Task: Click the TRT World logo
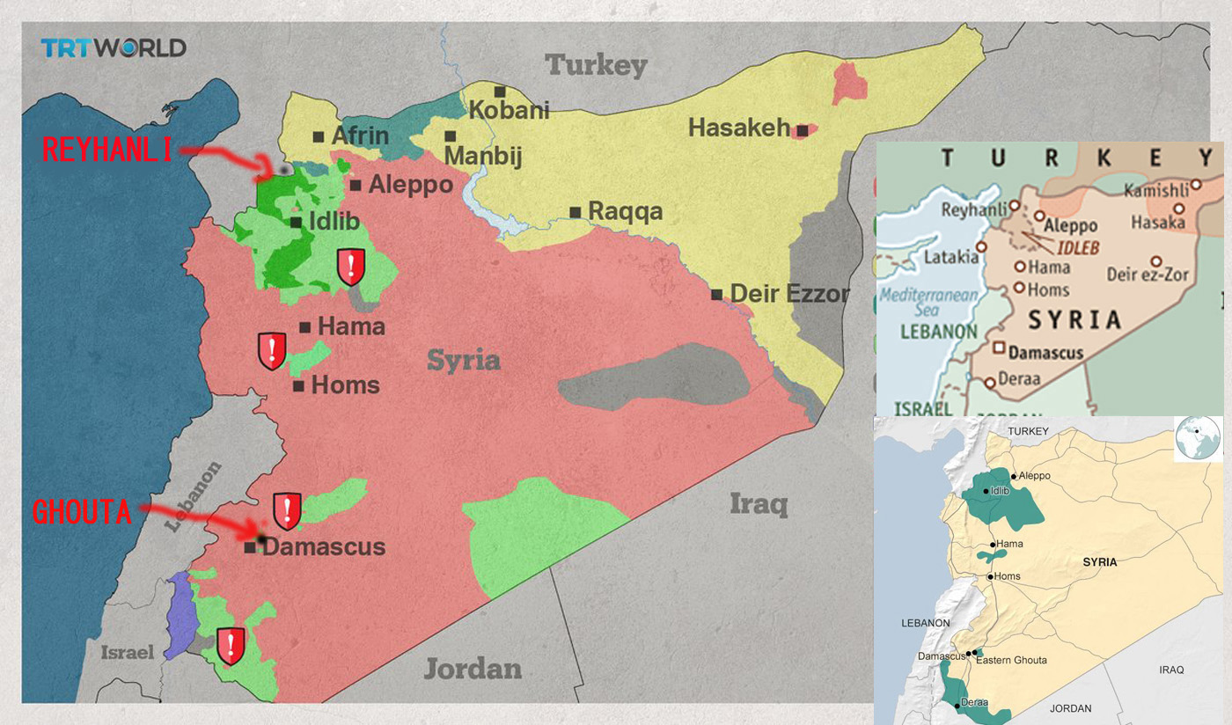[114, 48]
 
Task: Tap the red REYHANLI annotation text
[106, 150]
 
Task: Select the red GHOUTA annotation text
[82, 512]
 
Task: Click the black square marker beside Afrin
[319, 136]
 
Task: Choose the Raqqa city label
[625, 212]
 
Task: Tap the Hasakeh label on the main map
[739, 128]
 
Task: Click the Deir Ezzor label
[789, 294]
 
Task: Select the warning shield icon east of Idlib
[351, 266]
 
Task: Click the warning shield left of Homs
[272, 351]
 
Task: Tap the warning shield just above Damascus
[287, 510]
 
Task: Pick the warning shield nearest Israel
[231, 645]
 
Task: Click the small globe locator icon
[1197, 437]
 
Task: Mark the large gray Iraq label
[758, 504]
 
